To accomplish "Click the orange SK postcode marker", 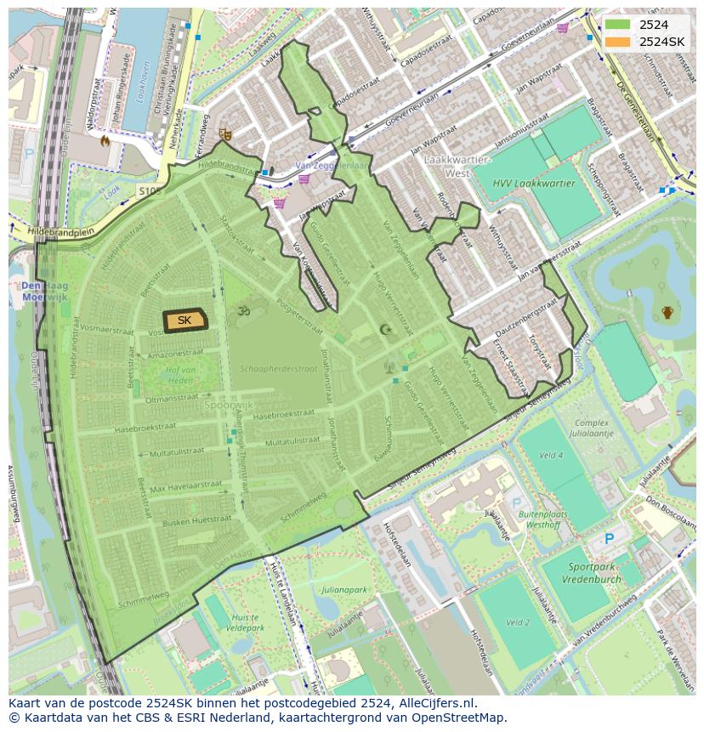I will point(185,320).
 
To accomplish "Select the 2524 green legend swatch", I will point(618,25).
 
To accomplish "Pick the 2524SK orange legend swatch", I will point(618,41).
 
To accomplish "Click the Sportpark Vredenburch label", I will point(591,571).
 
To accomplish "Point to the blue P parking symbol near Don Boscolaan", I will point(609,538).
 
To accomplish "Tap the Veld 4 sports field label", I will point(551,456).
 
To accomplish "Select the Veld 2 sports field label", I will point(518,622).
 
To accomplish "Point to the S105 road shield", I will point(150,192).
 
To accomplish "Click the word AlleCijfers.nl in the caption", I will point(437,703).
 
